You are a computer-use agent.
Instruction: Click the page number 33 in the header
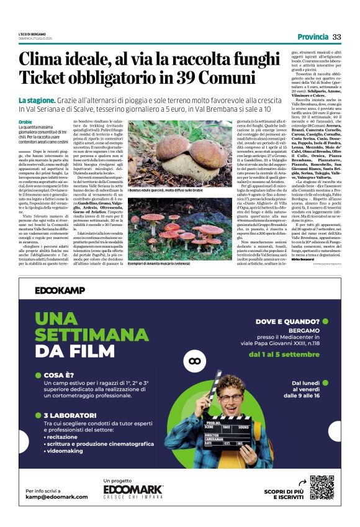click(x=336, y=37)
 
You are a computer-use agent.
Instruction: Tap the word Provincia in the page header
click(x=312, y=37)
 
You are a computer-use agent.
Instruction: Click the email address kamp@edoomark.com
click(x=56, y=497)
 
